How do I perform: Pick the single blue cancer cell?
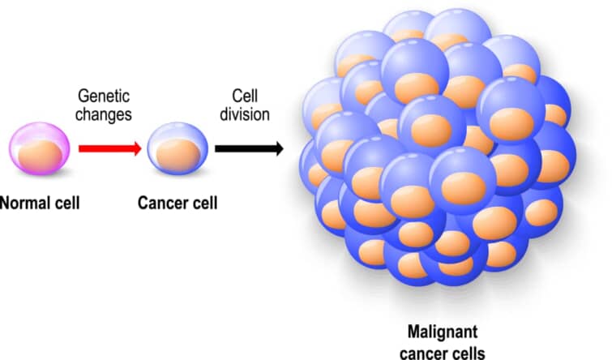click(176, 148)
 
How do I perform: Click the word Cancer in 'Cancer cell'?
click(161, 200)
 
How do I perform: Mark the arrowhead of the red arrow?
click(138, 148)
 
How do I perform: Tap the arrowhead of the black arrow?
click(276, 148)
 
